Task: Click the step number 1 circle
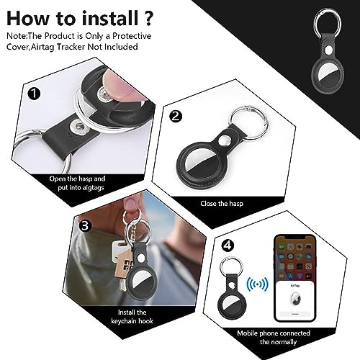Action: pos(33,92)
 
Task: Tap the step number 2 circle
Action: pos(176,115)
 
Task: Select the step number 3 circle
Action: pos(86,226)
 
